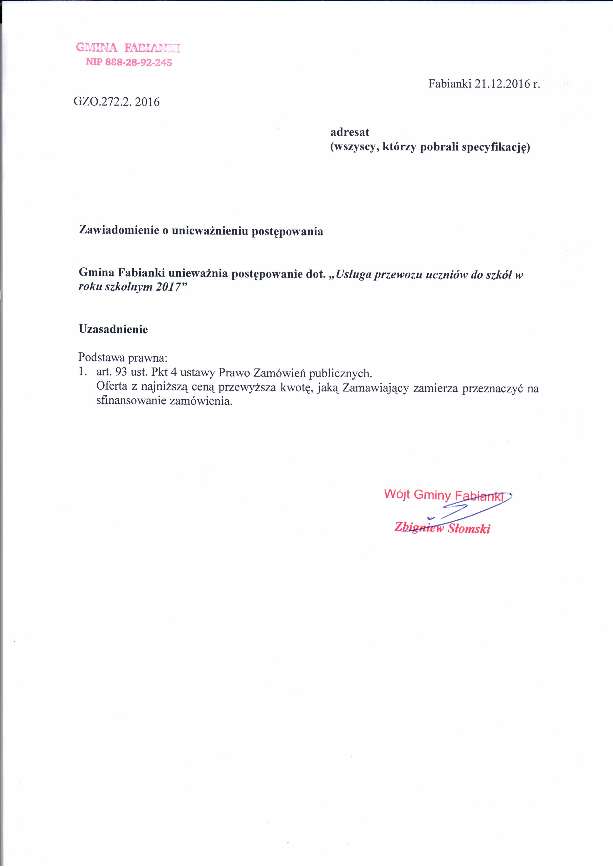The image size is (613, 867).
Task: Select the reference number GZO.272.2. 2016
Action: click(x=117, y=102)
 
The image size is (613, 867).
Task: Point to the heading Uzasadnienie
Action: click(x=113, y=329)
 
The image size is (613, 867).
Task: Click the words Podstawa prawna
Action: click(x=123, y=357)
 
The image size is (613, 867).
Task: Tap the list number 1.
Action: click(x=82, y=372)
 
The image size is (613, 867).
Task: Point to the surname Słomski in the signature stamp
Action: click(x=468, y=529)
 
